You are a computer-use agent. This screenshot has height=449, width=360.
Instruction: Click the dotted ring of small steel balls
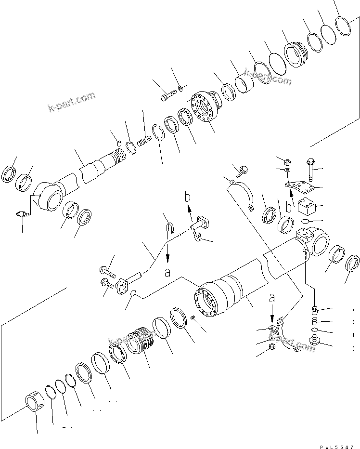click(x=130, y=147)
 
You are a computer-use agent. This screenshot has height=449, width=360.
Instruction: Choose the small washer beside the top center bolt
click(x=180, y=87)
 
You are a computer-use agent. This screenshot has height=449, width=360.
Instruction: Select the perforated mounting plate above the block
click(x=297, y=186)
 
